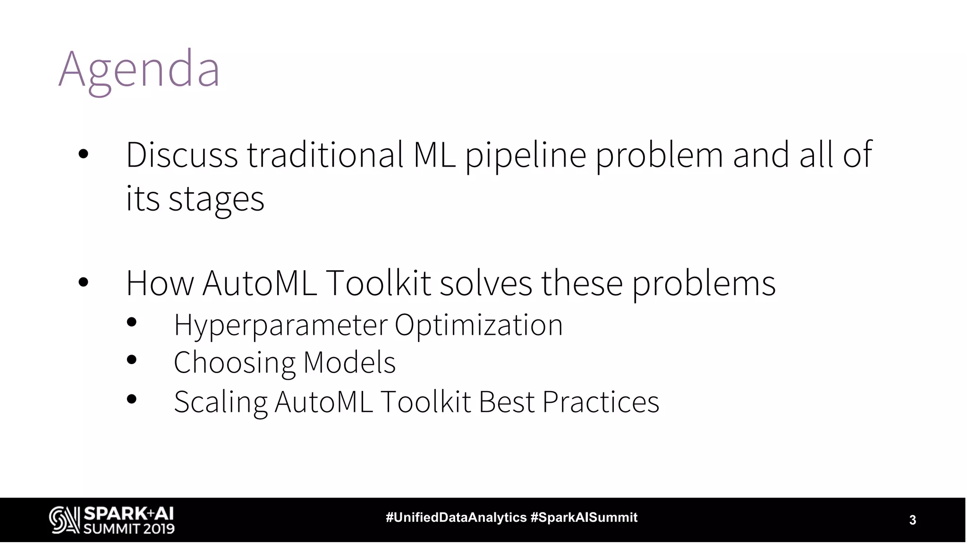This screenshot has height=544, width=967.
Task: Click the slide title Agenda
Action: tap(139, 70)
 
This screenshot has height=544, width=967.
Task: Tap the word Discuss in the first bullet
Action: tap(182, 155)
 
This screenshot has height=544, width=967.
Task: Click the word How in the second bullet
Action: tap(160, 283)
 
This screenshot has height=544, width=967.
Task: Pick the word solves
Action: tap(486, 283)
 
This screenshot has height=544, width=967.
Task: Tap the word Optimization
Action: tap(478, 326)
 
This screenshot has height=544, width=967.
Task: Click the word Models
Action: tap(349, 363)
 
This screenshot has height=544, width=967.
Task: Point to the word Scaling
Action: tap(221, 402)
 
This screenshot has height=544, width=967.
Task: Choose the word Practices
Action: tap(601, 402)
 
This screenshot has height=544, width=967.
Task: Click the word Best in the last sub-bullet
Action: tap(507, 402)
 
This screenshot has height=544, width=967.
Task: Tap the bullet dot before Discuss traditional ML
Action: tap(84, 154)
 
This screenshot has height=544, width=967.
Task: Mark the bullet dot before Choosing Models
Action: tap(132, 360)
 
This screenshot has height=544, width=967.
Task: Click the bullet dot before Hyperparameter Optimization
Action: tap(132, 323)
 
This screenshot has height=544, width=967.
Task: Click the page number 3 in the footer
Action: tap(913, 520)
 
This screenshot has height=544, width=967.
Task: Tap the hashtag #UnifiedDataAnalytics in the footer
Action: tap(456, 518)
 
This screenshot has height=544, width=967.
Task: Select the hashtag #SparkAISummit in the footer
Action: tap(584, 518)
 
